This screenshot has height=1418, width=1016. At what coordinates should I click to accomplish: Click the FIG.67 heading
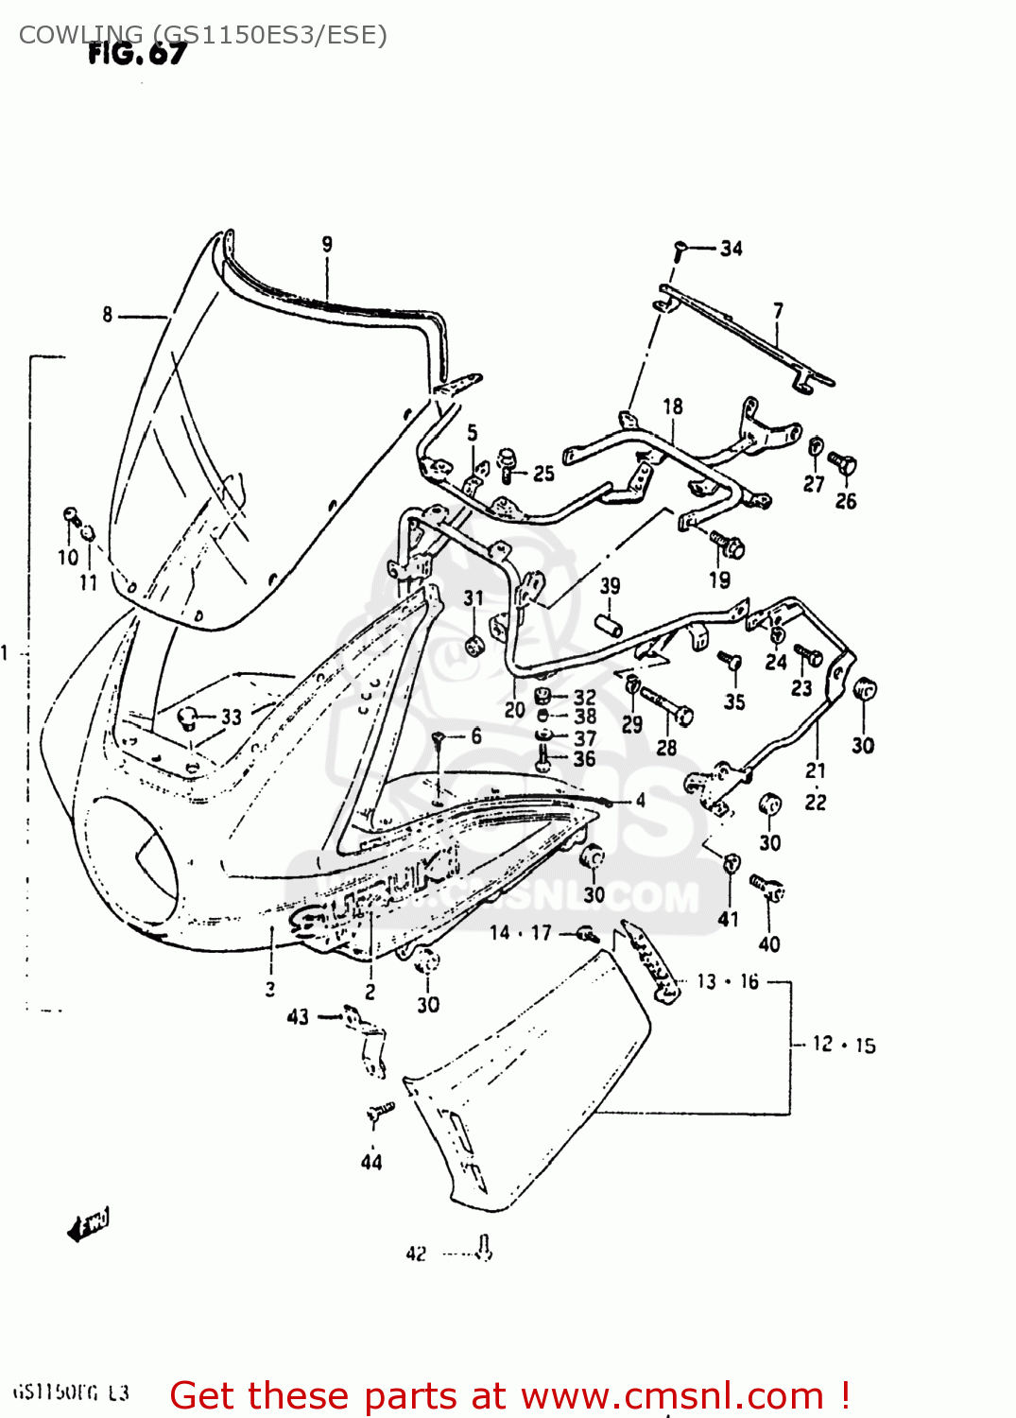coord(137,54)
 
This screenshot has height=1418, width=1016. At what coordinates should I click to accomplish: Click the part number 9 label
coord(327,244)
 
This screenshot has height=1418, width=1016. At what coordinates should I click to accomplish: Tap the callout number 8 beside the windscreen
coord(108,315)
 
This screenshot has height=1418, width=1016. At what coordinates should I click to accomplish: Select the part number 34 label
coord(731,249)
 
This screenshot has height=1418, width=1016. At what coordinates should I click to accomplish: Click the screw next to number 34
coord(680,251)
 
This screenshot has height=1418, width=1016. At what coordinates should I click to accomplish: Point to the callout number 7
coord(777,311)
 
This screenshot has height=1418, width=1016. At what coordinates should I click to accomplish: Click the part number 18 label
coord(672,406)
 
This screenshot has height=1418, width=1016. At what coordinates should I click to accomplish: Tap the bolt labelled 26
coord(843,464)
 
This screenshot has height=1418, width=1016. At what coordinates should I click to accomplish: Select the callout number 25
coord(543,473)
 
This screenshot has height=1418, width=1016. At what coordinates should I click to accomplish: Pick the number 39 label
coord(610,586)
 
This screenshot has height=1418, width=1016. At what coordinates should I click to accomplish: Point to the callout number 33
coord(232,717)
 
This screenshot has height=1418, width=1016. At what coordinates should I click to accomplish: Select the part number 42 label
coord(416,1254)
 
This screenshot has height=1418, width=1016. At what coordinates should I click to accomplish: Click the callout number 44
coord(371,1162)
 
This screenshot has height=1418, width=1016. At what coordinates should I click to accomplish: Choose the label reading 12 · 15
coord(843,1045)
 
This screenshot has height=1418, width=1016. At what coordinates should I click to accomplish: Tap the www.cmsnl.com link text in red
coord(672,1396)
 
